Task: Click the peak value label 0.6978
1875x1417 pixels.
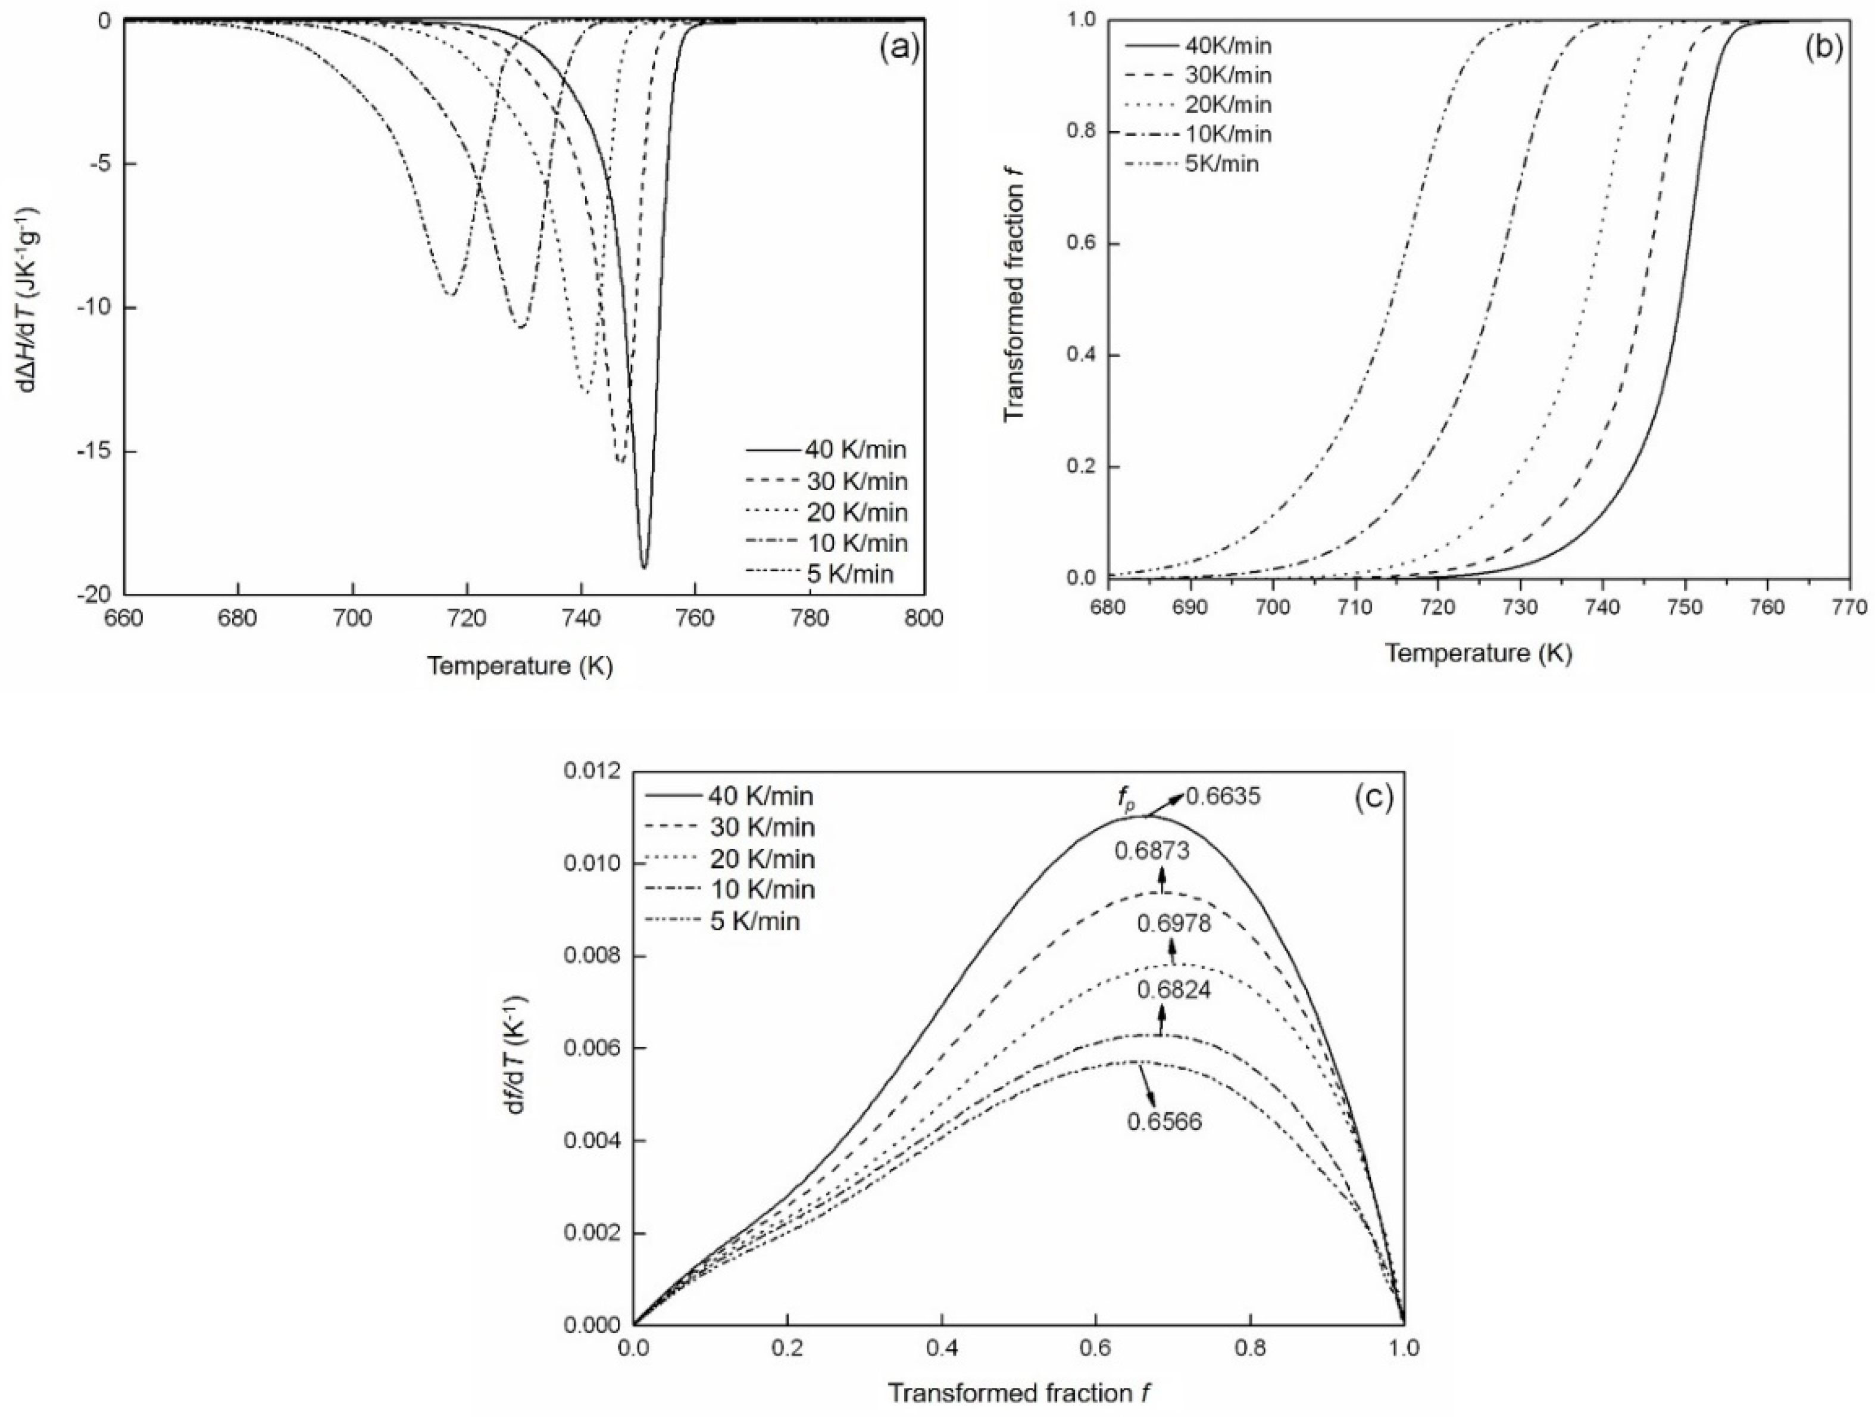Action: coord(1174,923)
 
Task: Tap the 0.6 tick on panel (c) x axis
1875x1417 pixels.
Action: coord(1096,1347)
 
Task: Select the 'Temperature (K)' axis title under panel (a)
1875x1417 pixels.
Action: coord(520,666)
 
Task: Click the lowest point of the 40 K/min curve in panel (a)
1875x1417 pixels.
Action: coord(644,567)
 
